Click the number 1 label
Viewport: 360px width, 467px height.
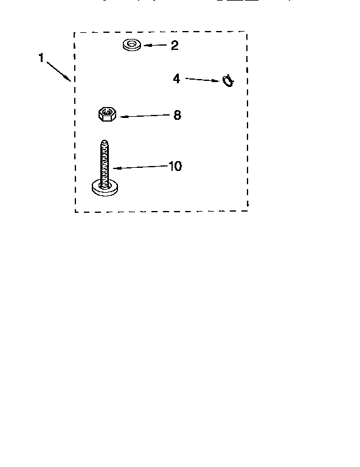point(41,58)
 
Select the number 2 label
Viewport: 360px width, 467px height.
point(175,45)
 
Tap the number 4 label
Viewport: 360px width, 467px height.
point(176,79)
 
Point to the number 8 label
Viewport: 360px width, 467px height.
point(177,115)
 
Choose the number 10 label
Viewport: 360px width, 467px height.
point(175,166)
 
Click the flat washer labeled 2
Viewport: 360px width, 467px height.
point(132,45)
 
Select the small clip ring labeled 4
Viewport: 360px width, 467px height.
point(228,80)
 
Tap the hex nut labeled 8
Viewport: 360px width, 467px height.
point(107,114)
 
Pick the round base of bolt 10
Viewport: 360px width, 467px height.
point(105,190)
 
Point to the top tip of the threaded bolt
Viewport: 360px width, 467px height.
point(104,140)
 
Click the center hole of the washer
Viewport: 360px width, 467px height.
point(131,44)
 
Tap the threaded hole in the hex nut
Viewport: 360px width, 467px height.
point(107,112)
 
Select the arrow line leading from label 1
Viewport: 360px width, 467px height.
point(59,71)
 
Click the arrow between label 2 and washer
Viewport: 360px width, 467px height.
point(155,45)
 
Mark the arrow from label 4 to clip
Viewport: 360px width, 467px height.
point(202,80)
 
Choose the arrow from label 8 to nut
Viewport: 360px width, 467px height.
point(145,116)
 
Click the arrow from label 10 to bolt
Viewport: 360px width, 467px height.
point(140,167)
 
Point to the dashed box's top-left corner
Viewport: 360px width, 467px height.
point(74,32)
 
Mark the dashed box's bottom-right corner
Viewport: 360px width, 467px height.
point(247,211)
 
